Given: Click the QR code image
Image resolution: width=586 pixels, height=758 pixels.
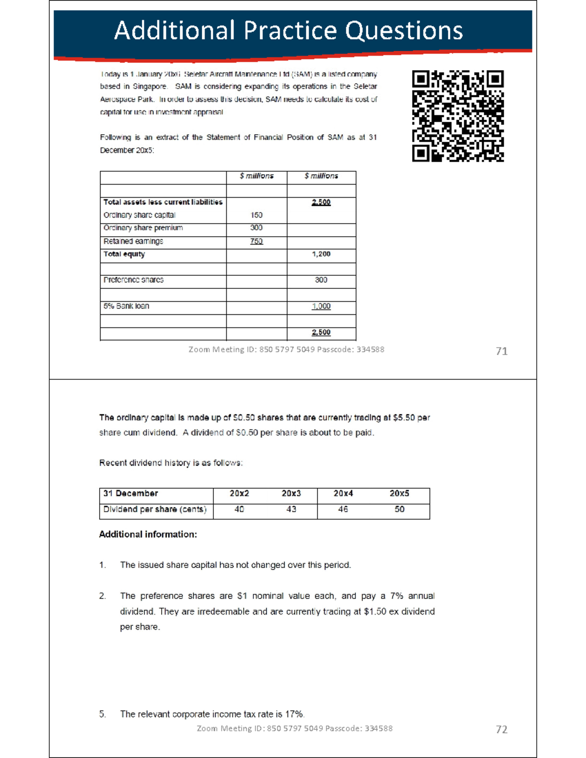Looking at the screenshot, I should coord(458,116).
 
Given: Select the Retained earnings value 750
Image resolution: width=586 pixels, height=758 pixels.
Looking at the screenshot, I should coord(256,241).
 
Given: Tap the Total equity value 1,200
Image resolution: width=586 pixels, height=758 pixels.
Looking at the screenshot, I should coord(321,254).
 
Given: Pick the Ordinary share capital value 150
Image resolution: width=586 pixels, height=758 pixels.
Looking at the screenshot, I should coord(256,215).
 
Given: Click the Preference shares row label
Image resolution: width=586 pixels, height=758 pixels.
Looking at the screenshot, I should coord(133,280).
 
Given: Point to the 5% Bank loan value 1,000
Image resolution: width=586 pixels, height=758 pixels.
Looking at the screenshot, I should coord(321,306).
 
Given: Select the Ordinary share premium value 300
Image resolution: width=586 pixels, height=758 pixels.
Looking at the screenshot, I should coord(256,227).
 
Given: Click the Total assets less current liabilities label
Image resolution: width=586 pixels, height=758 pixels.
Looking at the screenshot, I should coord(163,202).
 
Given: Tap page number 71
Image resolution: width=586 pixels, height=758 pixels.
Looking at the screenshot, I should coord(502,351).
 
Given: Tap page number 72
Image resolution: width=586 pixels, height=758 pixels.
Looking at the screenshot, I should coord(502,729).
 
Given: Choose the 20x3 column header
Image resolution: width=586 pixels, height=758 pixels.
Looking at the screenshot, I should coord(291,493).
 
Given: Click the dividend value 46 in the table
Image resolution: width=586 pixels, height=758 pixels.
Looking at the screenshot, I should coord(343,509).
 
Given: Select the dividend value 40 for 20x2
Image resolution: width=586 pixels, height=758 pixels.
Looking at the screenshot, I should coord(239,509).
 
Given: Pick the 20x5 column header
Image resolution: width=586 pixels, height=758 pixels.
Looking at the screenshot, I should coord(399,493).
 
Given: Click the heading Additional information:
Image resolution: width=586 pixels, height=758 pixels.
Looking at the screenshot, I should coord(148,534).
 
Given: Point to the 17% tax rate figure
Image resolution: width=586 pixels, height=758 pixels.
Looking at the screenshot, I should coord(294,714).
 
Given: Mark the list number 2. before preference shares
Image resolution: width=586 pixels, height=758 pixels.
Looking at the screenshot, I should coord(103,596).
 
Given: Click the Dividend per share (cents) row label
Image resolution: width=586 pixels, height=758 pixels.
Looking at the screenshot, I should coord(154,509).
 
